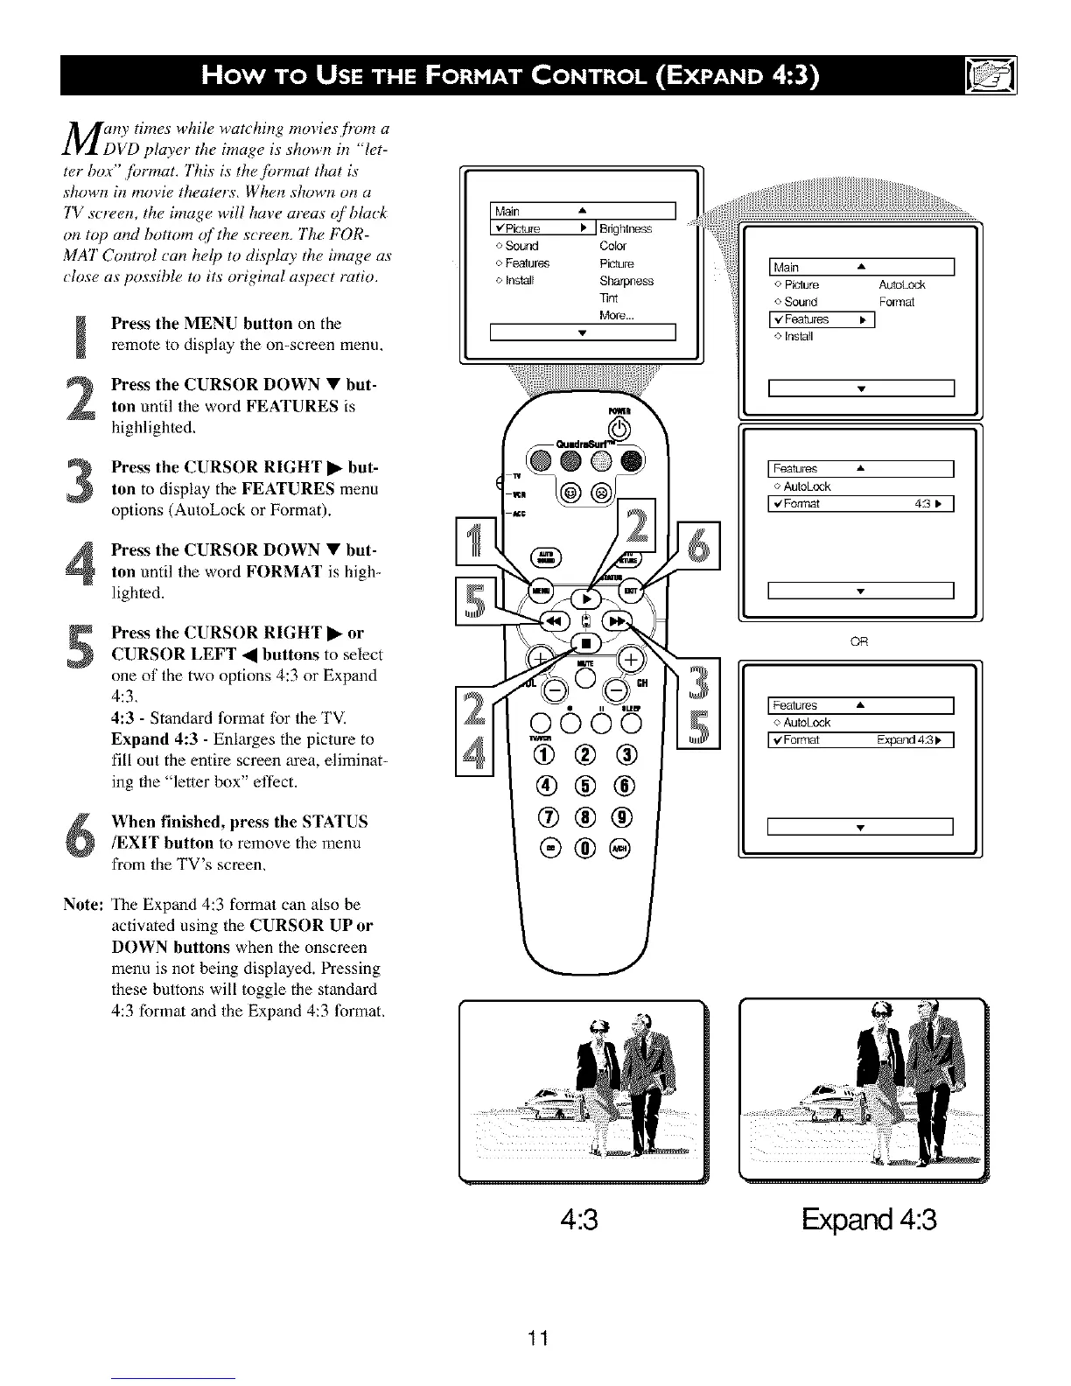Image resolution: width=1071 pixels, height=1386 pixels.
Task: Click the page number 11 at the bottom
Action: (x=537, y=1338)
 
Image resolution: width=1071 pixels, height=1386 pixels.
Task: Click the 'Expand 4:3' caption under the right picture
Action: (x=868, y=1219)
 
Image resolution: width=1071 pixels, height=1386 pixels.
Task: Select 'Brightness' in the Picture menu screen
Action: (x=626, y=229)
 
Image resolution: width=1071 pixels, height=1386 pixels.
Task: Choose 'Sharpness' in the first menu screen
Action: (x=626, y=281)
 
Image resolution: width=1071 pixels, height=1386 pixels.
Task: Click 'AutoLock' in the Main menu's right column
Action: (x=901, y=284)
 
